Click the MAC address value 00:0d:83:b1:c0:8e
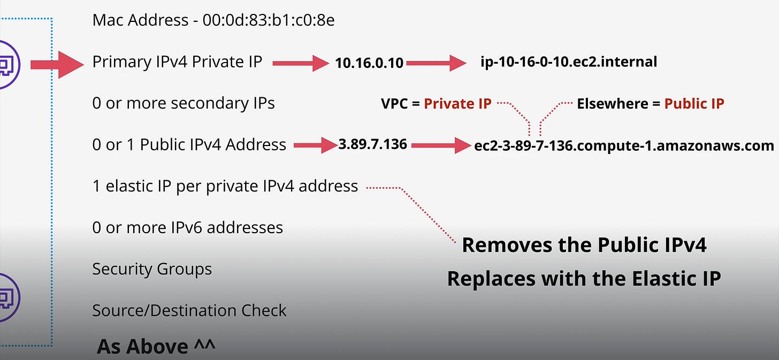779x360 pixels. tap(269, 20)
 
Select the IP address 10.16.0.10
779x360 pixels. tap(369, 63)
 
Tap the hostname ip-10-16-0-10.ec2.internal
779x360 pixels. tap(569, 62)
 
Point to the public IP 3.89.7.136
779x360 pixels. tap(372, 144)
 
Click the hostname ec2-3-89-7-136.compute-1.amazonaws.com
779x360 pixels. tap(624, 145)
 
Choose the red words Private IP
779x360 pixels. tap(457, 103)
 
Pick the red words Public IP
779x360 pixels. tap(694, 103)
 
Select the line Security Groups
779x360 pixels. tap(152, 269)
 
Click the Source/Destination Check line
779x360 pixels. tap(189, 310)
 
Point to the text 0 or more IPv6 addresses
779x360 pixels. tap(187, 227)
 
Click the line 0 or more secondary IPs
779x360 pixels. tap(184, 103)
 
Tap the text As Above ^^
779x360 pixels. tap(156, 347)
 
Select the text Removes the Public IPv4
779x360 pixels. tap(584, 245)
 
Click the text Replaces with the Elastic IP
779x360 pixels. tap(584, 279)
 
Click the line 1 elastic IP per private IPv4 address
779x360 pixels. tap(225, 186)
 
